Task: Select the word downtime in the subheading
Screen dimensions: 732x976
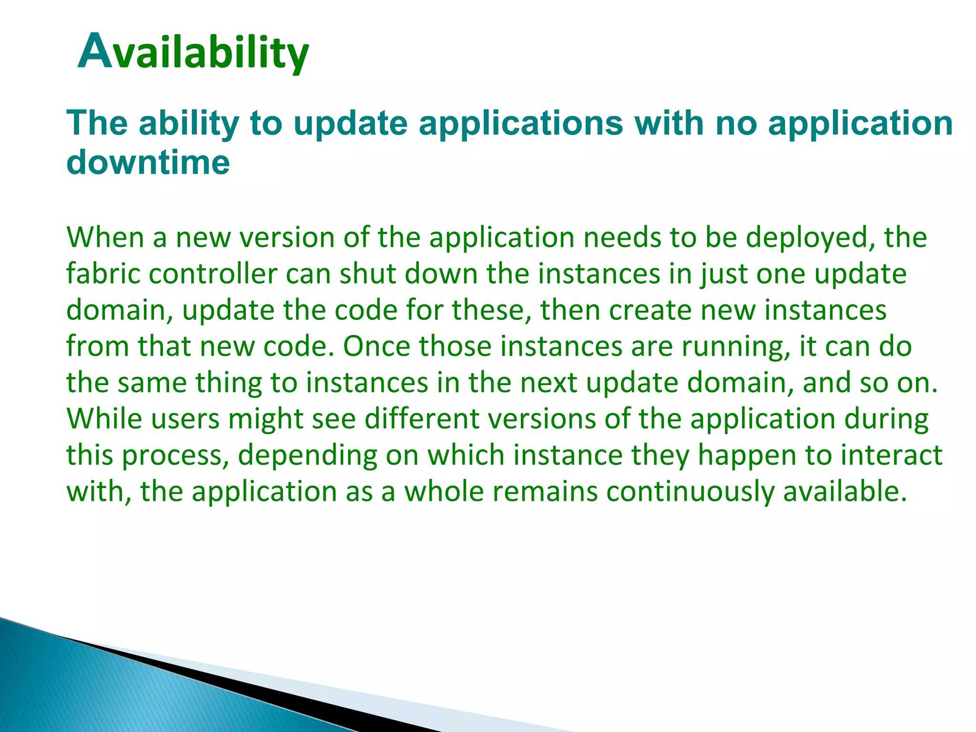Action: pyautogui.click(x=148, y=162)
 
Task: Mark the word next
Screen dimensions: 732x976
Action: pyautogui.click(x=549, y=383)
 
